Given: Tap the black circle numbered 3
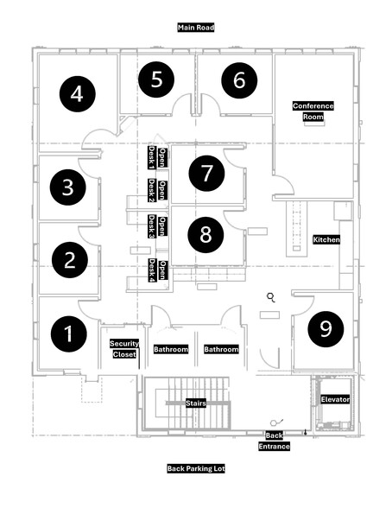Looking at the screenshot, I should click(x=67, y=186).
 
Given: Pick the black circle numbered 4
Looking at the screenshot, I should click(x=78, y=92).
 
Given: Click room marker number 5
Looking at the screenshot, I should click(x=156, y=79).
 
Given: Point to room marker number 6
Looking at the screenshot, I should click(x=239, y=80).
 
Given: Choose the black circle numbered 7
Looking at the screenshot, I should click(x=205, y=172).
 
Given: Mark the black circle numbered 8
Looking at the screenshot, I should click(x=205, y=235).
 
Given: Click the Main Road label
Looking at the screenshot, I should click(x=195, y=28).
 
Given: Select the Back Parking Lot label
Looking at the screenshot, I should click(x=195, y=469).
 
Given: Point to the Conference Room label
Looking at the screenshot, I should click(x=313, y=111).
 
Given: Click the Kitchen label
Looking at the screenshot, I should click(x=326, y=239).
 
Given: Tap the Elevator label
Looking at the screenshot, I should click(x=335, y=400).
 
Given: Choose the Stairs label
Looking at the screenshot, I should click(x=195, y=403).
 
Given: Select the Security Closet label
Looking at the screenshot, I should click(x=124, y=349).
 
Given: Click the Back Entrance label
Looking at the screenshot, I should click(x=274, y=441).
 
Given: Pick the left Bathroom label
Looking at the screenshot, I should click(x=171, y=350).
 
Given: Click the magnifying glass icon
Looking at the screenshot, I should click(x=271, y=298).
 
